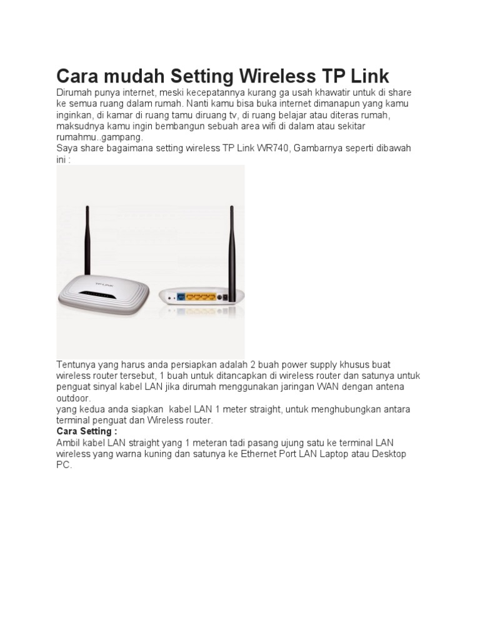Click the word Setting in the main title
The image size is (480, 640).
click(196, 76)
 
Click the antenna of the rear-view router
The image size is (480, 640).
click(231, 250)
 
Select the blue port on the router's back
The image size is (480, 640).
click(181, 296)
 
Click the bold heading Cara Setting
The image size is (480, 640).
click(86, 432)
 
